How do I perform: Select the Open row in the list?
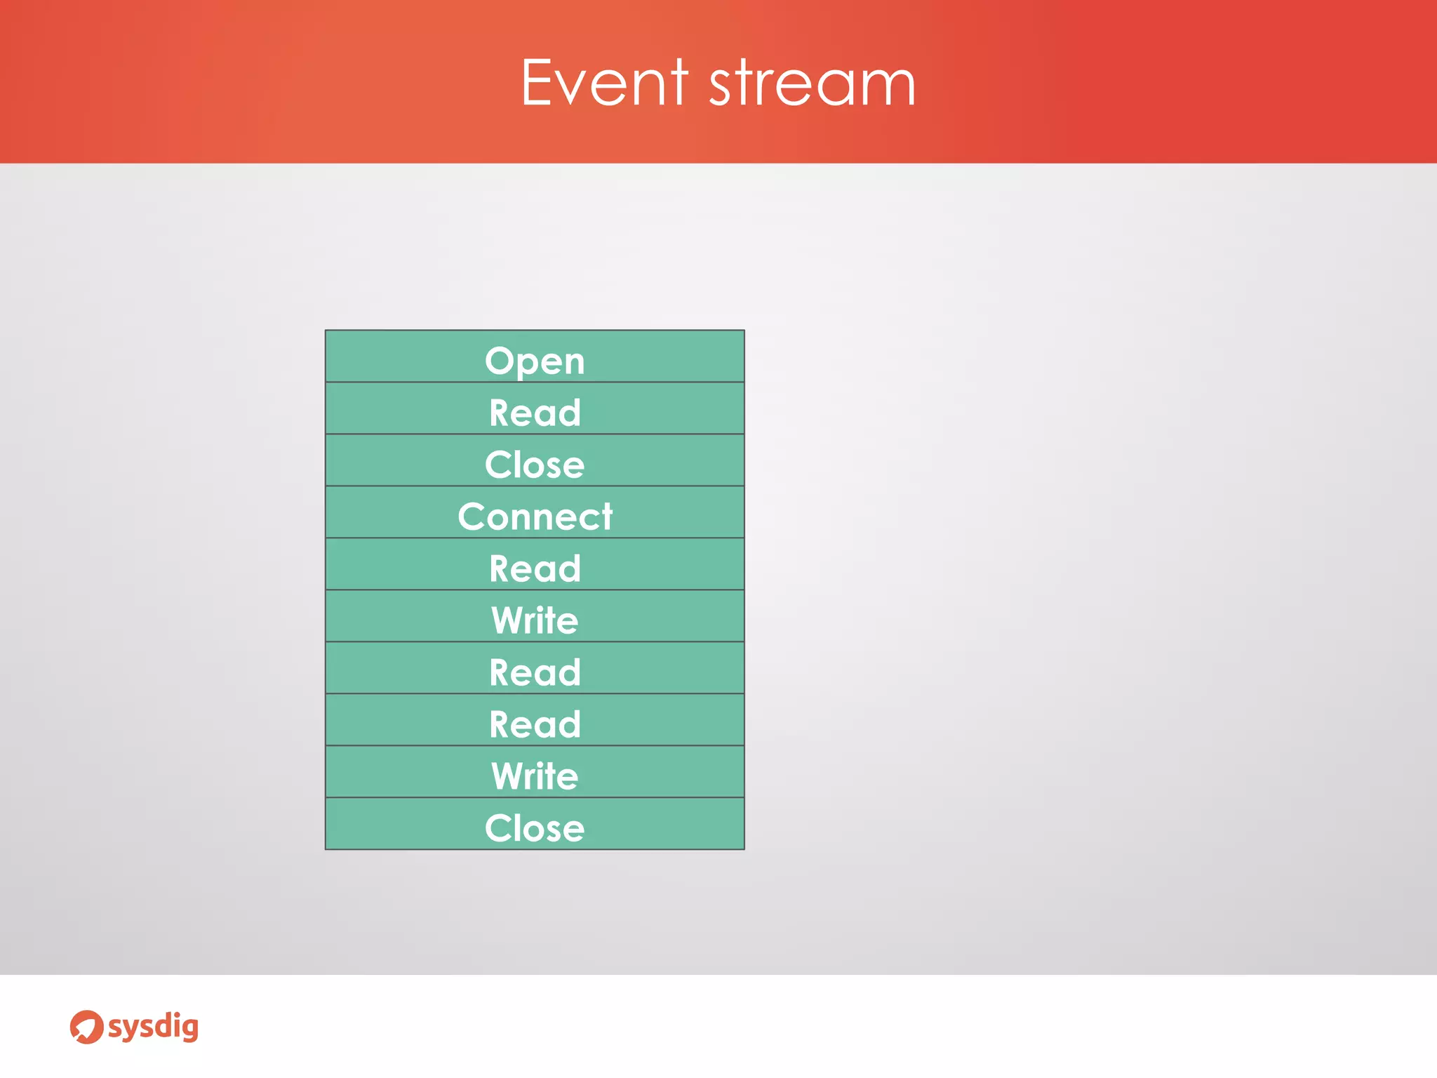pyautogui.click(x=535, y=361)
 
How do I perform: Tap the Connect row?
pyautogui.click(x=535, y=517)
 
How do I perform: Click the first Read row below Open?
pyautogui.click(x=535, y=413)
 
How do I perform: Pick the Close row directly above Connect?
pyautogui.click(x=535, y=465)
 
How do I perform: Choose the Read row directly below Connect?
pyautogui.click(x=535, y=568)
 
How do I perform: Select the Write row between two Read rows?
pyautogui.click(x=535, y=620)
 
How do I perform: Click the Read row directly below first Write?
pyautogui.click(x=535, y=672)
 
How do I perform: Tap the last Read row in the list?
pyautogui.click(x=535, y=724)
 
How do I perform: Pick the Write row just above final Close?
pyautogui.click(x=535, y=776)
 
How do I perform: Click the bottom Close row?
pyautogui.click(x=535, y=828)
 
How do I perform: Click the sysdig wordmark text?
pyautogui.click(x=153, y=1027)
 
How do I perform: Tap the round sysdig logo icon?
pyautogui.click(x=86, y=1027)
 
